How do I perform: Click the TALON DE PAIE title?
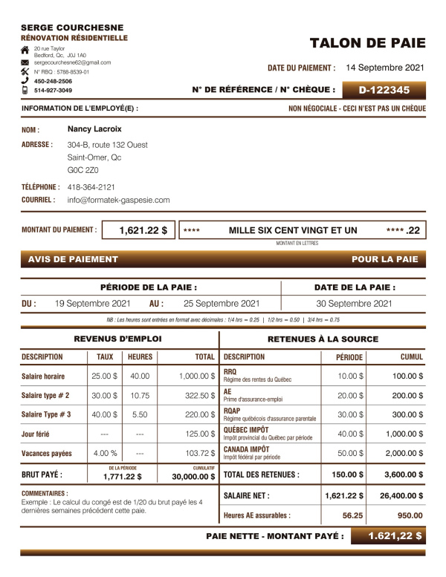point(367,42)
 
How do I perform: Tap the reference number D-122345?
point(384,91)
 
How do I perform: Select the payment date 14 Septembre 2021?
point(385,68)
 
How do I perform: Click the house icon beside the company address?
point(25,49)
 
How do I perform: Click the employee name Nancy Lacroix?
point(94,128)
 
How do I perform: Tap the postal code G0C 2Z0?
point(83,170)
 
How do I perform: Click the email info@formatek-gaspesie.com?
point(118,200)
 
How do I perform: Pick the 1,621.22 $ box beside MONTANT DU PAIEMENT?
point(138,231)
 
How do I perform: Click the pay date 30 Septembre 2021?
point(354,303)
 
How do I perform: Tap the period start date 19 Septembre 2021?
point(93,303)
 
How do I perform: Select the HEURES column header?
point(140,357)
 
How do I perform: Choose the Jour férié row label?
point(38,434)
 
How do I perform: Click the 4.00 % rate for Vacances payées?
point(105,453)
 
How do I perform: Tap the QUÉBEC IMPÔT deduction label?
point(246,430)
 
